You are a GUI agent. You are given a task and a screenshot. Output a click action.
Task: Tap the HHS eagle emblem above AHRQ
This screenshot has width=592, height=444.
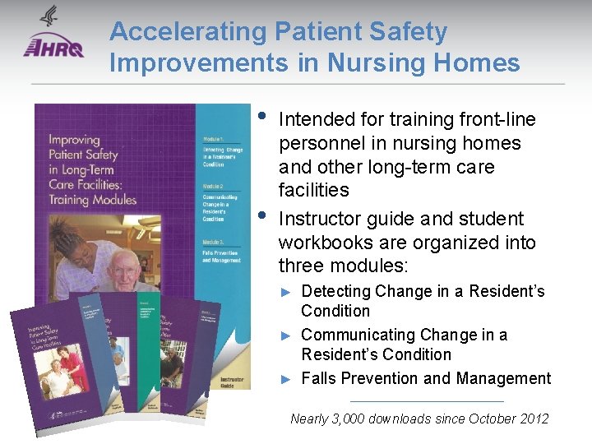(49, 17)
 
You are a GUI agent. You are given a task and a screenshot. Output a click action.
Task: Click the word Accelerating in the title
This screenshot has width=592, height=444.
(187, 32)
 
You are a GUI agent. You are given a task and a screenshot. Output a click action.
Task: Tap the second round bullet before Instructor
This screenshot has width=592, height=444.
(261, 215)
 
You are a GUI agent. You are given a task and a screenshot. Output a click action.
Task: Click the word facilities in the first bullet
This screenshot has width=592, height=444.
(313, 191)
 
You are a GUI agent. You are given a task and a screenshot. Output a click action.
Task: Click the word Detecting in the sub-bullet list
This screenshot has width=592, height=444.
(335, 291)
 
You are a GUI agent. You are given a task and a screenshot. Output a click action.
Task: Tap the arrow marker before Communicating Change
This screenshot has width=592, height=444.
(286, 335)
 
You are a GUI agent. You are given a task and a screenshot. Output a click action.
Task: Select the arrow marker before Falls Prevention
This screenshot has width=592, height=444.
(286, 379)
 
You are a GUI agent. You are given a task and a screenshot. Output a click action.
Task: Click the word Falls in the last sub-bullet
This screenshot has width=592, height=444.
(319, 378)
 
